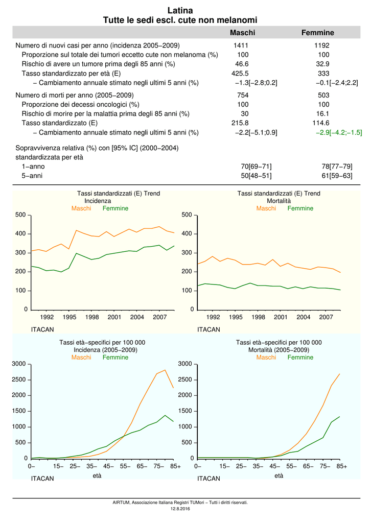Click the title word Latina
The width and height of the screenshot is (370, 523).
pos(180,10)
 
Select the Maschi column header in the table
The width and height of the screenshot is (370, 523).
pos(243,33)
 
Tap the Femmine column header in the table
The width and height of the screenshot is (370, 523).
pos(318,33)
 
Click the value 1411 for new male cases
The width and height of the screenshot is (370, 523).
pos(241,45)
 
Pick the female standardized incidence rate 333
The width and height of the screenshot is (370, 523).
pos(323,74)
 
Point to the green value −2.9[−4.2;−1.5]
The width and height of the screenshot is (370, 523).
pos(339,132)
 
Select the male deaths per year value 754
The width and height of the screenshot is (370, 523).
pos(243,95)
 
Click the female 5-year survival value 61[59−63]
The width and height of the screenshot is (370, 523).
pos(337,176)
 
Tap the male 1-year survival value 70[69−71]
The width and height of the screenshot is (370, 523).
pos(256,167)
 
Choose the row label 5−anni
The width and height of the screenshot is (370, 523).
pos(32,176)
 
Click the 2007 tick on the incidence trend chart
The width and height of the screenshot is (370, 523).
pos(159,317)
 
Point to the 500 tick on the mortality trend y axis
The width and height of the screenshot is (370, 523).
pos(187,215)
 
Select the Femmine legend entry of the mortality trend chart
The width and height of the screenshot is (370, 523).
pos(300,208)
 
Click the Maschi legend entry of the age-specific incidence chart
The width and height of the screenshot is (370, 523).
pos(81,357)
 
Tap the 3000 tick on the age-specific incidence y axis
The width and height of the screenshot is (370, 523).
pos(19,364)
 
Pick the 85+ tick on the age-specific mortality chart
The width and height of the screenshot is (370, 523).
pos(342,466)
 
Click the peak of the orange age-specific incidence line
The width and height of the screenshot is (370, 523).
pos(165,370)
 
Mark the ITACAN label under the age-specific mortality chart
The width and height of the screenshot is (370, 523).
pos(209,478)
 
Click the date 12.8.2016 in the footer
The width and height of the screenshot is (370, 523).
pos(180,509)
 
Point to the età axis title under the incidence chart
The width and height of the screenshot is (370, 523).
pos(97,476)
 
